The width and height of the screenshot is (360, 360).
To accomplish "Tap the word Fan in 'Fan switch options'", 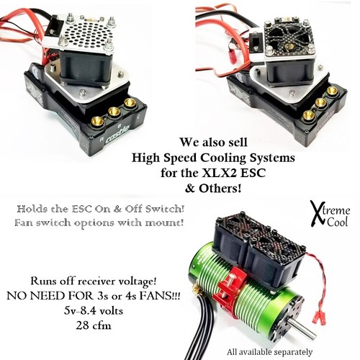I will (x=27, y=225).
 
